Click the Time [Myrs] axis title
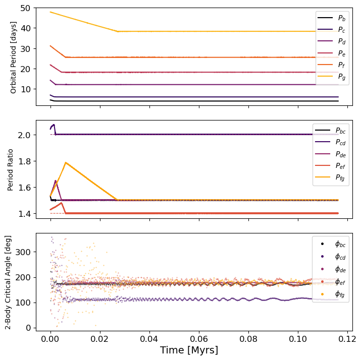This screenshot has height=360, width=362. (x=189, y=350)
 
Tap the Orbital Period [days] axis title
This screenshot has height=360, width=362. (x=14, y=57)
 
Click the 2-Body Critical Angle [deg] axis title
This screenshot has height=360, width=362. (x=8, y=281)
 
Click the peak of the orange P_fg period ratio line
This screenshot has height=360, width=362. (x=66, y=162)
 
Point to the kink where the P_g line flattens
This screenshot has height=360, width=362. (x=118, y=31)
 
